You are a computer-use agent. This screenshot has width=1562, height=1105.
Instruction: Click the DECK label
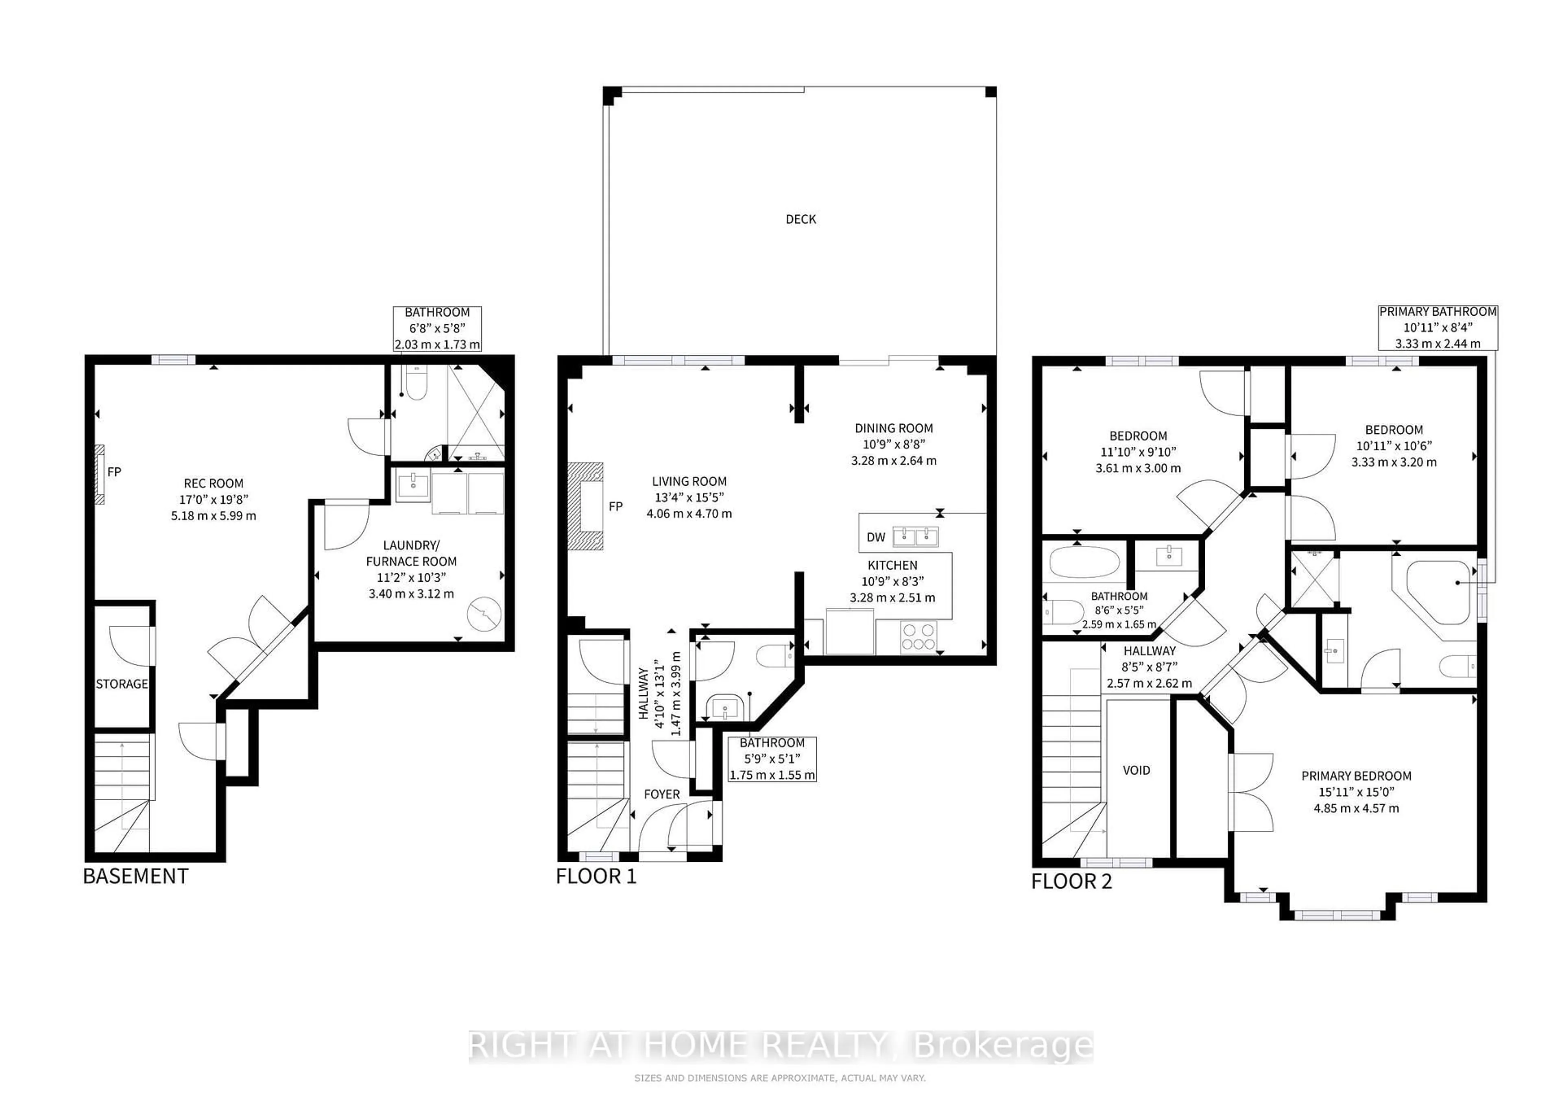click(x=801, y=219)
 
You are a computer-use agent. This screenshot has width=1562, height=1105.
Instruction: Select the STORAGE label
click(x=122, y=684)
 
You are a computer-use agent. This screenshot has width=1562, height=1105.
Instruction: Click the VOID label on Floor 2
click(x=1136, y=770)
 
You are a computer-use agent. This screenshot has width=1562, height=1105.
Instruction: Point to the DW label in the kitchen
click(x=876, y=537)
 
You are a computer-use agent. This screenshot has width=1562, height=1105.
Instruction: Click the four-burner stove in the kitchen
click(x=918, y=637)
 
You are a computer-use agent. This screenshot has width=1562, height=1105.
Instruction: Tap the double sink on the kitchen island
click(x=916, y=536)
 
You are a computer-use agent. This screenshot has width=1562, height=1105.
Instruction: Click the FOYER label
click(x=661, y=794)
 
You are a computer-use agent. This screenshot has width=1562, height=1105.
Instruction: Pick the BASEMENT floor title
click(x=135, y=876)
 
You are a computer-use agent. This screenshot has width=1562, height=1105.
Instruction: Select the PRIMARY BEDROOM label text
click(x=1356, y=776)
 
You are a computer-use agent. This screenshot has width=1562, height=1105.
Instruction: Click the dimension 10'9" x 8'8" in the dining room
click(x=893, y=444)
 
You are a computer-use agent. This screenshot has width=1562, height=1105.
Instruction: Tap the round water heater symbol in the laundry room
click(x=484, y=614)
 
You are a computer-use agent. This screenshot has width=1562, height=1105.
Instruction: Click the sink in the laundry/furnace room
click(x=412, y=486)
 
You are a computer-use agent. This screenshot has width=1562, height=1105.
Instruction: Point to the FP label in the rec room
click(x=114, y=472)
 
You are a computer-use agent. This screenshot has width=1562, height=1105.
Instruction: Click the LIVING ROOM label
click(x=689, y=481)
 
